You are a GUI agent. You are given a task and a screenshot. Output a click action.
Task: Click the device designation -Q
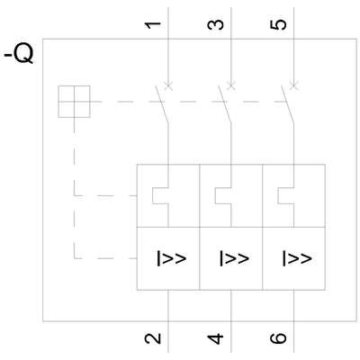(x=19, y=54)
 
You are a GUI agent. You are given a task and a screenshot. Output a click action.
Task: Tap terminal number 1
(x=153, y=25)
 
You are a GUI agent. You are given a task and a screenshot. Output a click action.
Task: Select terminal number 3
(x=216, y=25)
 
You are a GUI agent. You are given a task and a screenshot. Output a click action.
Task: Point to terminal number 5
(x=278, y=25)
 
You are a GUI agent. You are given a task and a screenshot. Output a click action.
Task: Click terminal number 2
(x=153, y=339)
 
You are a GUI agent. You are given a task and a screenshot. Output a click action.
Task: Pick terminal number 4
(x=216, y=339)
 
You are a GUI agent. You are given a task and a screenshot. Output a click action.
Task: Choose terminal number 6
(x=278, y=339)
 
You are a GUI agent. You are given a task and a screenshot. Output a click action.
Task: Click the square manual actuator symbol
(x=74, y=102)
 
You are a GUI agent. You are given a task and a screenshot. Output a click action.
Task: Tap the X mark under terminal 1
(x=168, y=86)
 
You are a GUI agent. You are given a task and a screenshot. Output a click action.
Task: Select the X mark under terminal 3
(x=231, y=86)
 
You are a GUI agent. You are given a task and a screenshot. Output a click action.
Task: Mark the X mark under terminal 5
(x=294, y=86)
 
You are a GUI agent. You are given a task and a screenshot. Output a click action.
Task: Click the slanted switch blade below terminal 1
(x=162, y=104)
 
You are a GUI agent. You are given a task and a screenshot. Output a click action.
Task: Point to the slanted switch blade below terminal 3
(x=225, y=104)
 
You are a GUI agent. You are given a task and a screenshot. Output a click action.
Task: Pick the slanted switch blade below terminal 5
(x=287, y=104)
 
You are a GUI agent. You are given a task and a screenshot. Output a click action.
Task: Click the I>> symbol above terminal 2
(x=172, y=258)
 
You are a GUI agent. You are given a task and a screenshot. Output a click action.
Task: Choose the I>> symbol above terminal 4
(x=234, y=258)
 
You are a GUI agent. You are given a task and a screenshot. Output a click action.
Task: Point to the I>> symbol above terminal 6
(x=297, y=258)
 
